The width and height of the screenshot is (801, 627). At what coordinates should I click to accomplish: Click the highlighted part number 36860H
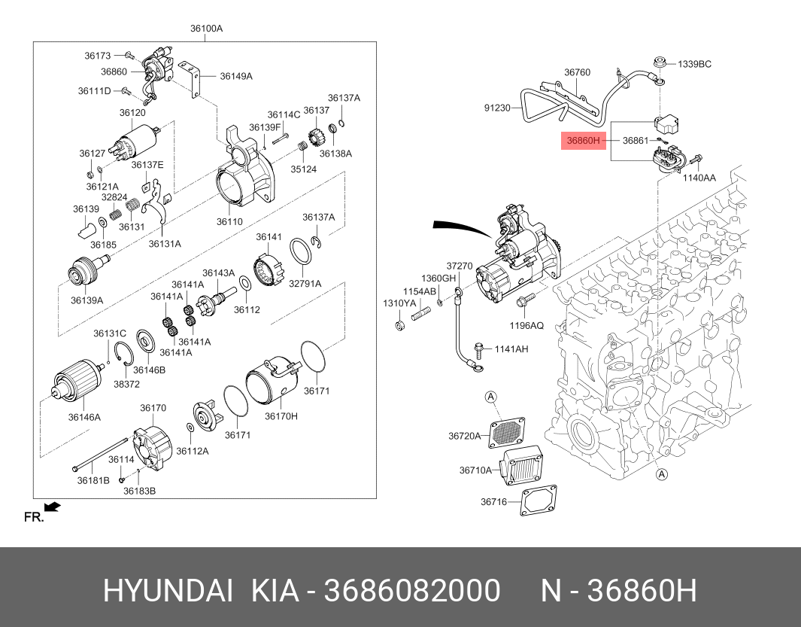(583, 140)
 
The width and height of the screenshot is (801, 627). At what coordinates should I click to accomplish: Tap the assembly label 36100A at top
(206, 29)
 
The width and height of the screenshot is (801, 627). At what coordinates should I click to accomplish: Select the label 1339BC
(694, 64)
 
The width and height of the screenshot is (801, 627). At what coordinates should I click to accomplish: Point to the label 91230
(497, 108)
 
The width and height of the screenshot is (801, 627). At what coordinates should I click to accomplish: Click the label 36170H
(281, 416)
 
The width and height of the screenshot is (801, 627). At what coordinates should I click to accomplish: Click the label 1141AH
(511, 349)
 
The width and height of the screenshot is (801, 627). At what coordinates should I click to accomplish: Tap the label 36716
(493, 501)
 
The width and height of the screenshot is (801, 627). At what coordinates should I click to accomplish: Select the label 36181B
(93, 479)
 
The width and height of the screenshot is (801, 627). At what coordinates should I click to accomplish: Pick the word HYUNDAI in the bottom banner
(167, 592)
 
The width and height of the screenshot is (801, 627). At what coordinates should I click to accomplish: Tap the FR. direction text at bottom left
(34, 517)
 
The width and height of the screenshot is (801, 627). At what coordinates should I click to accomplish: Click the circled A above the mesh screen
(490, 397)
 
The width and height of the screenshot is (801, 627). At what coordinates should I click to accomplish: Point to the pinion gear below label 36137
(317, 138)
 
